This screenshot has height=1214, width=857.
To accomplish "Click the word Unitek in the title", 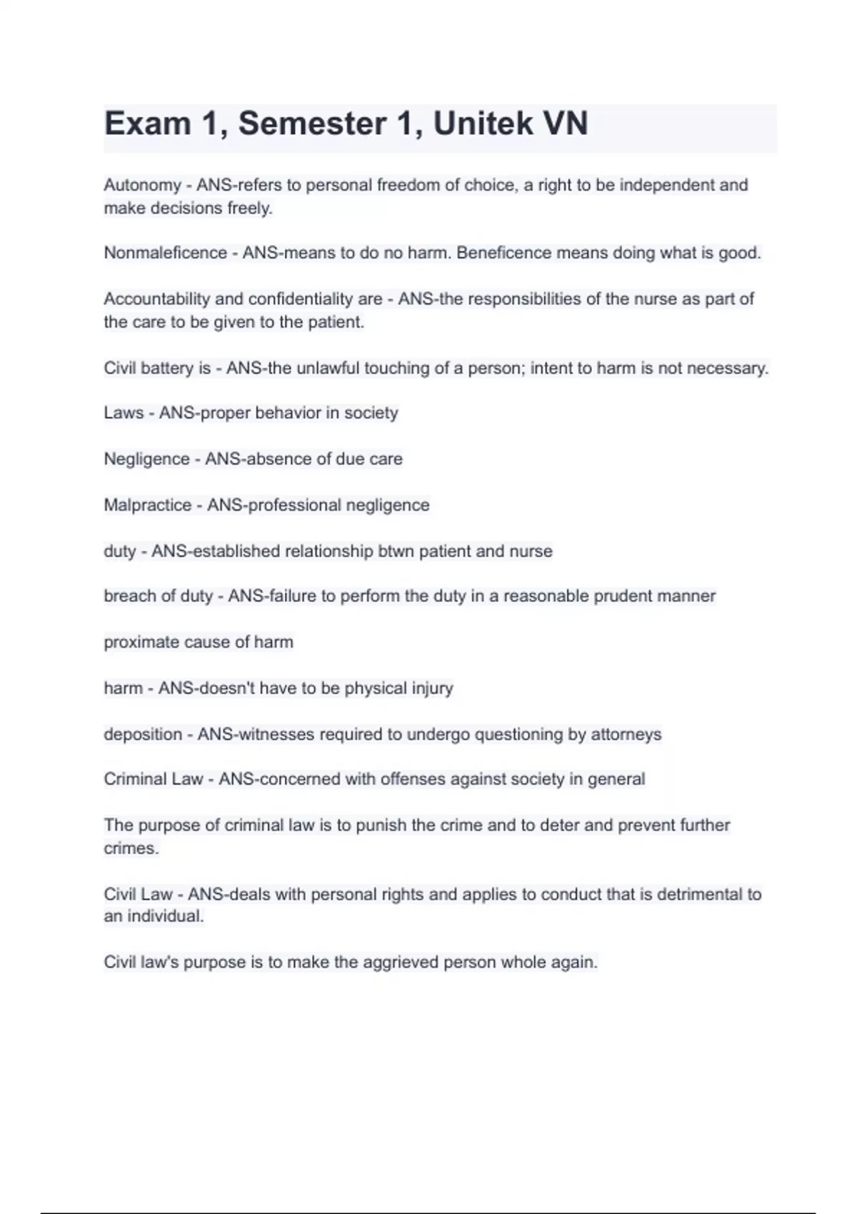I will pyautogui.click(x=483, y=124).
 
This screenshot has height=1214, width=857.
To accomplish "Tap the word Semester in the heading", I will pyautogui.click(x=312, y=124).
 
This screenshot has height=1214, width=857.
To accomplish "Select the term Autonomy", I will pyautogui.click(x=142, y=186).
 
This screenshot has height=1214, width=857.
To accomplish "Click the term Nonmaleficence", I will pyautogui.click(x=165, y=254).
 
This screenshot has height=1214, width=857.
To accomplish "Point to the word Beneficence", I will pyautogui.click(x=502, y=254).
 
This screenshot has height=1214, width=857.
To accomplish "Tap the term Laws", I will pyautogui.click(x=124, y=413).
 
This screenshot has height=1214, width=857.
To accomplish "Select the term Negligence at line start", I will pyautogui.click(x=146, y=459).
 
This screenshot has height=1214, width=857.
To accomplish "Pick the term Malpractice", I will pyautogui.click(x=147, y=506).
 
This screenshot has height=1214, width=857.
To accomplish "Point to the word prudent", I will pyautogui.click(x=621, y=596).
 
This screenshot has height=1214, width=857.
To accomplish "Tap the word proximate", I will pyautogui.click(x=140, y=643).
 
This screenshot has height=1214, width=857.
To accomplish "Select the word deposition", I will pyautogui.click(x=143, y=735).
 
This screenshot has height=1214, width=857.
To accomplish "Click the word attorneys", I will pyautogui.click(x=626, y=735).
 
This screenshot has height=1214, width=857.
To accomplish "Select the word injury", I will pyautogui.click(x=432, y=688).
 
